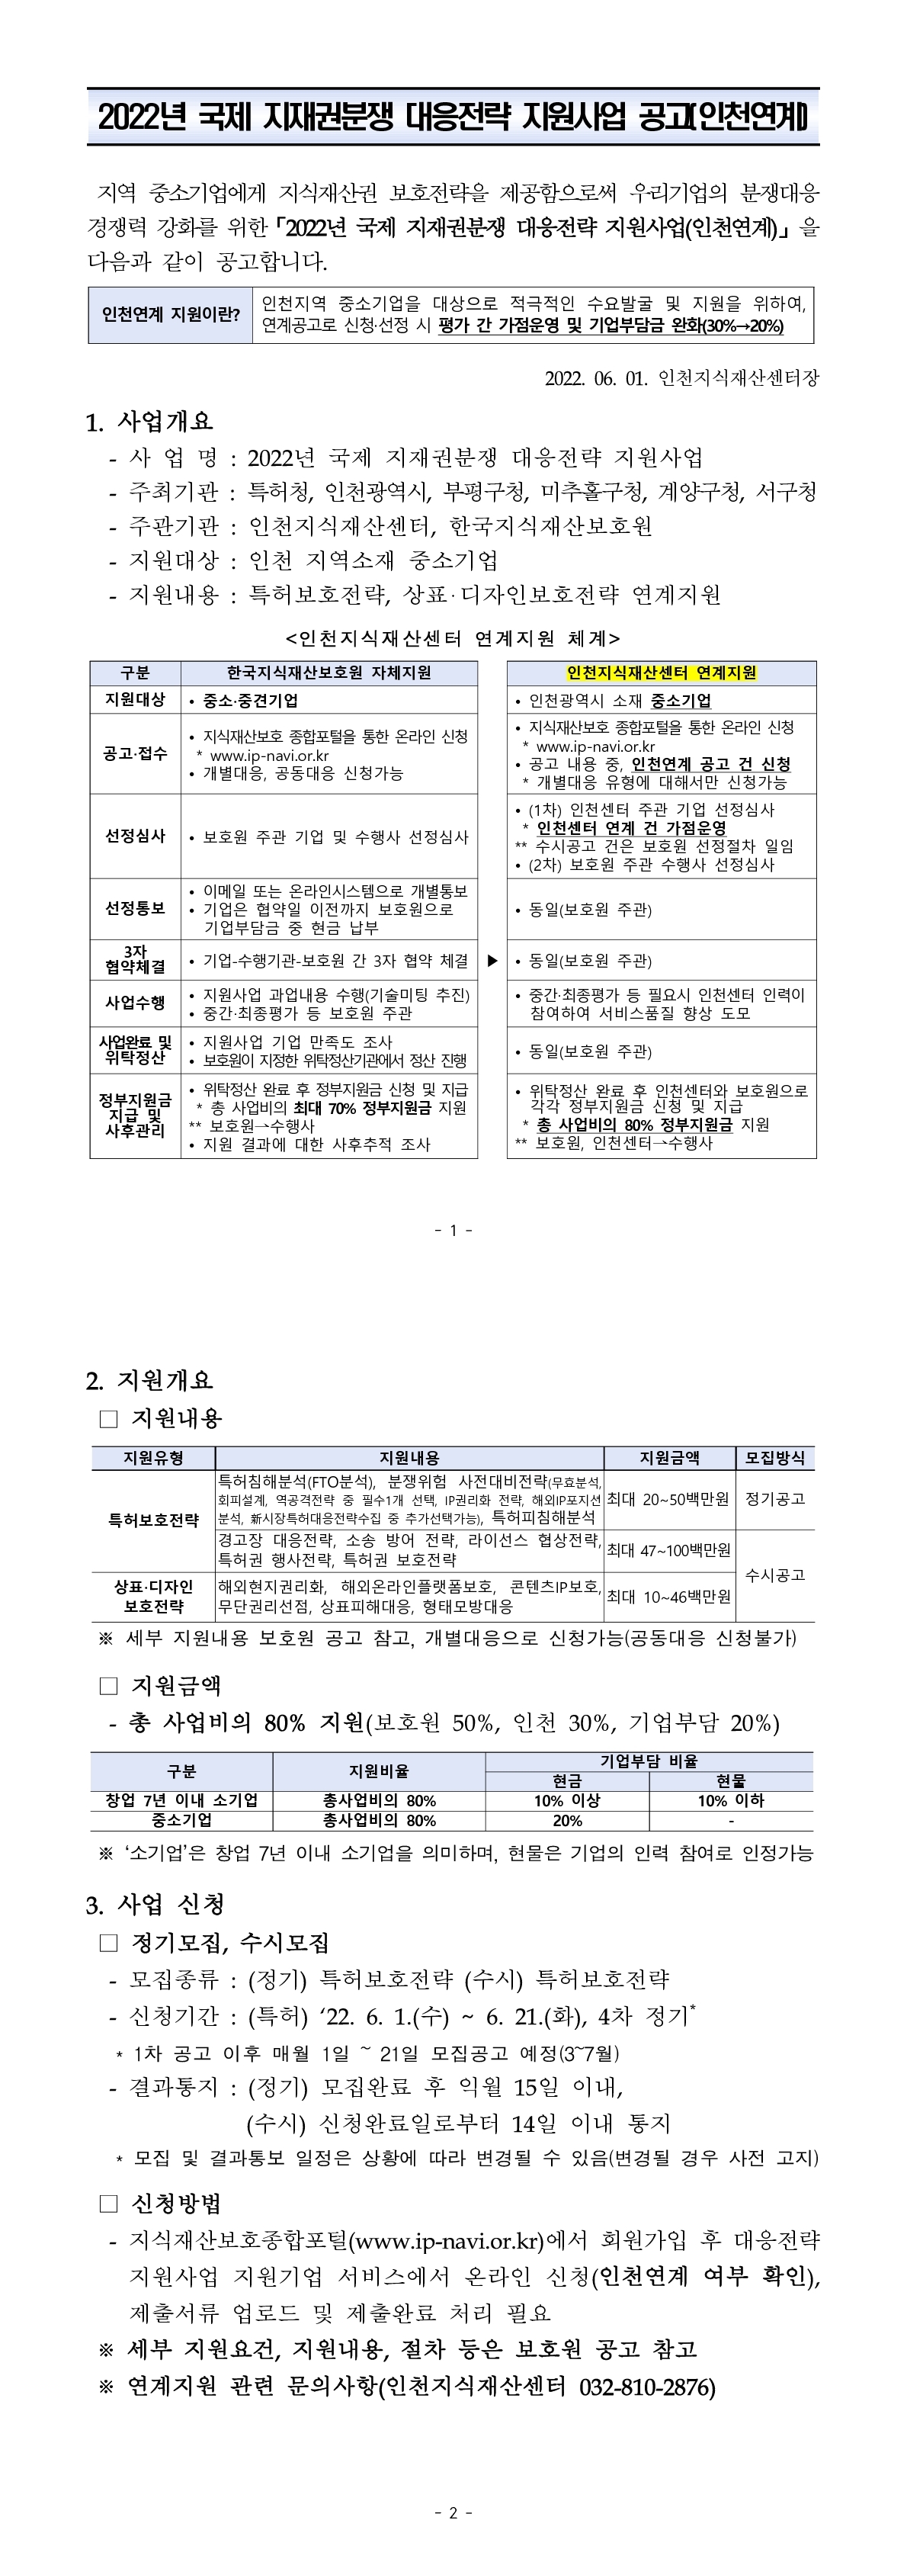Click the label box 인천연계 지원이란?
point(170,315)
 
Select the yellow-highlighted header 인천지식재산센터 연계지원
point(661,673)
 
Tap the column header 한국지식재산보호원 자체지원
point(329,673)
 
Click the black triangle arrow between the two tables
point(492,961)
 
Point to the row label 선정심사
point(136,836)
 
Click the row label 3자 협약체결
point(136,960)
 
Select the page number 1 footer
point(453,1230)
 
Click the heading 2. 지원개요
point(149,1380)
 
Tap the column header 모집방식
point(774,1458)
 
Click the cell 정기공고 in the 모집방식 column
point(774,1498)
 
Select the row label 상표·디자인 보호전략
point(153,1595)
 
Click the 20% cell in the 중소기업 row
point(566,1820)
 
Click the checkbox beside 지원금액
point(108,1686)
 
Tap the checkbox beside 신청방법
point(108,2204)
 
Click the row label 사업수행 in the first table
point(136,1003)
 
